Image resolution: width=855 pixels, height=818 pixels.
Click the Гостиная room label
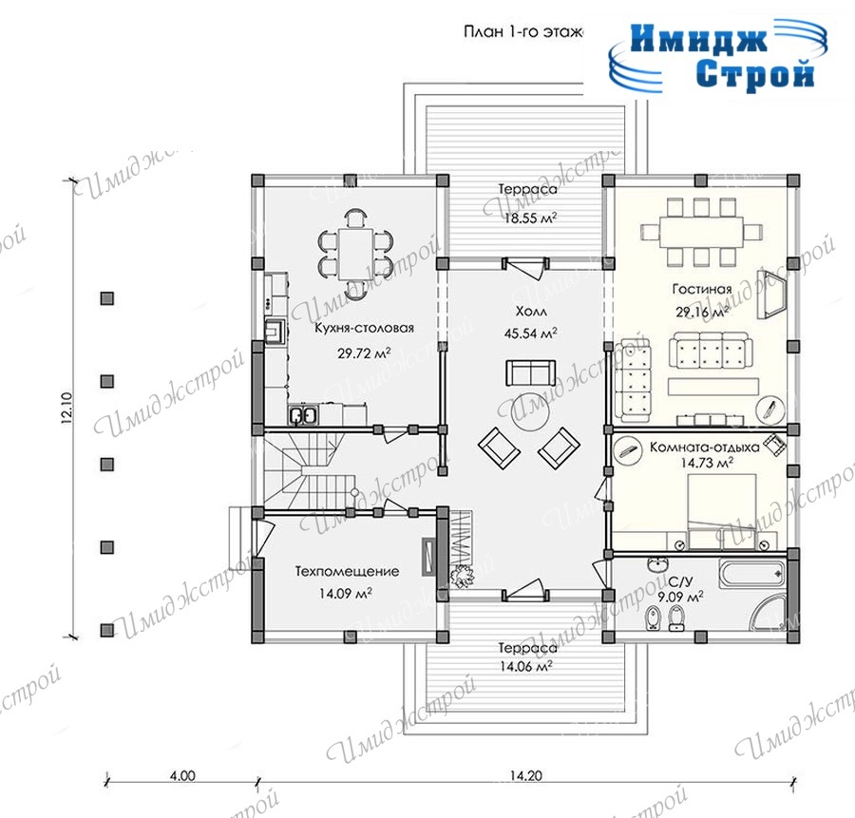(702, 289)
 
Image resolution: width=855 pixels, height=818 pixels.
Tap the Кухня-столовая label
(364, 329)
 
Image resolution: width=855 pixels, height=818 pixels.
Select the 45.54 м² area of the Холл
(530, 333)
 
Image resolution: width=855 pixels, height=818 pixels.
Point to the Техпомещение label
(347, 572)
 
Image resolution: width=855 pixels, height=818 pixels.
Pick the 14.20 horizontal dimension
(525, 775)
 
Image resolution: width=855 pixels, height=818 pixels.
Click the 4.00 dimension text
(182, 775)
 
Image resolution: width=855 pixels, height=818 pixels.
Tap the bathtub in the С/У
(752, 574)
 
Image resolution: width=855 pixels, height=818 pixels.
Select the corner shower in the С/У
(769, 612)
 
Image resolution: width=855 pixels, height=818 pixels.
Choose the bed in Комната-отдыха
(721, 511)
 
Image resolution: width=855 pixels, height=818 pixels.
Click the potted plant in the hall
(462, 576)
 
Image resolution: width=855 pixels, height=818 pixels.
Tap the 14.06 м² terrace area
(526, 666)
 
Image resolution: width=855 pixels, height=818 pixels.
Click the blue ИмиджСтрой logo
(718, 56)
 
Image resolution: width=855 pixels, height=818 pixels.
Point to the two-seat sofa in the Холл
(530, 372)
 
